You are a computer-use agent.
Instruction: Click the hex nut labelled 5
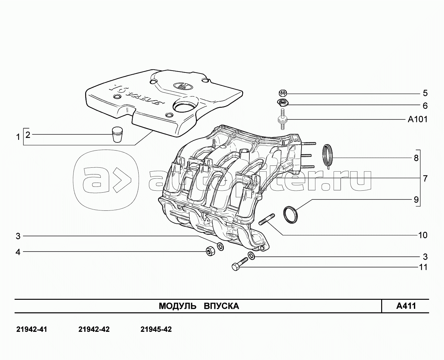[283, 93]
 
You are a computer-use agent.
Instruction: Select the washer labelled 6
[282, 103]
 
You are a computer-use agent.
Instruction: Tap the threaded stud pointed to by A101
[282, 119]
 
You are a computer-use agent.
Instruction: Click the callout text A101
[417, 119]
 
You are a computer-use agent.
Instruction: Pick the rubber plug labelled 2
[118, 134]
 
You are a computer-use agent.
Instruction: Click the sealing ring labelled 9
[290, 215]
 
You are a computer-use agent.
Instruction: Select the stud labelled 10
[267, 219]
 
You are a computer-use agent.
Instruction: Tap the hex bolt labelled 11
[240, 264]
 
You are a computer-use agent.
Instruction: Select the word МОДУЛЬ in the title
[177, 306]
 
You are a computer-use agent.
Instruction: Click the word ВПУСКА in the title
[222, 306]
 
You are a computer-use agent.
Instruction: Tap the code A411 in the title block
[406, 306]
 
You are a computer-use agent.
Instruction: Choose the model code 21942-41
[32, 329]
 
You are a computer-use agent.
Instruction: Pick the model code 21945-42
[156, 329]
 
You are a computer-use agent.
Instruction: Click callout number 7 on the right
[425, 178]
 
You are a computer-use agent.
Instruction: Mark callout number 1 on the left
[18, 137]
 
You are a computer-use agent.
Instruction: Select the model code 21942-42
[94, 329]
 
